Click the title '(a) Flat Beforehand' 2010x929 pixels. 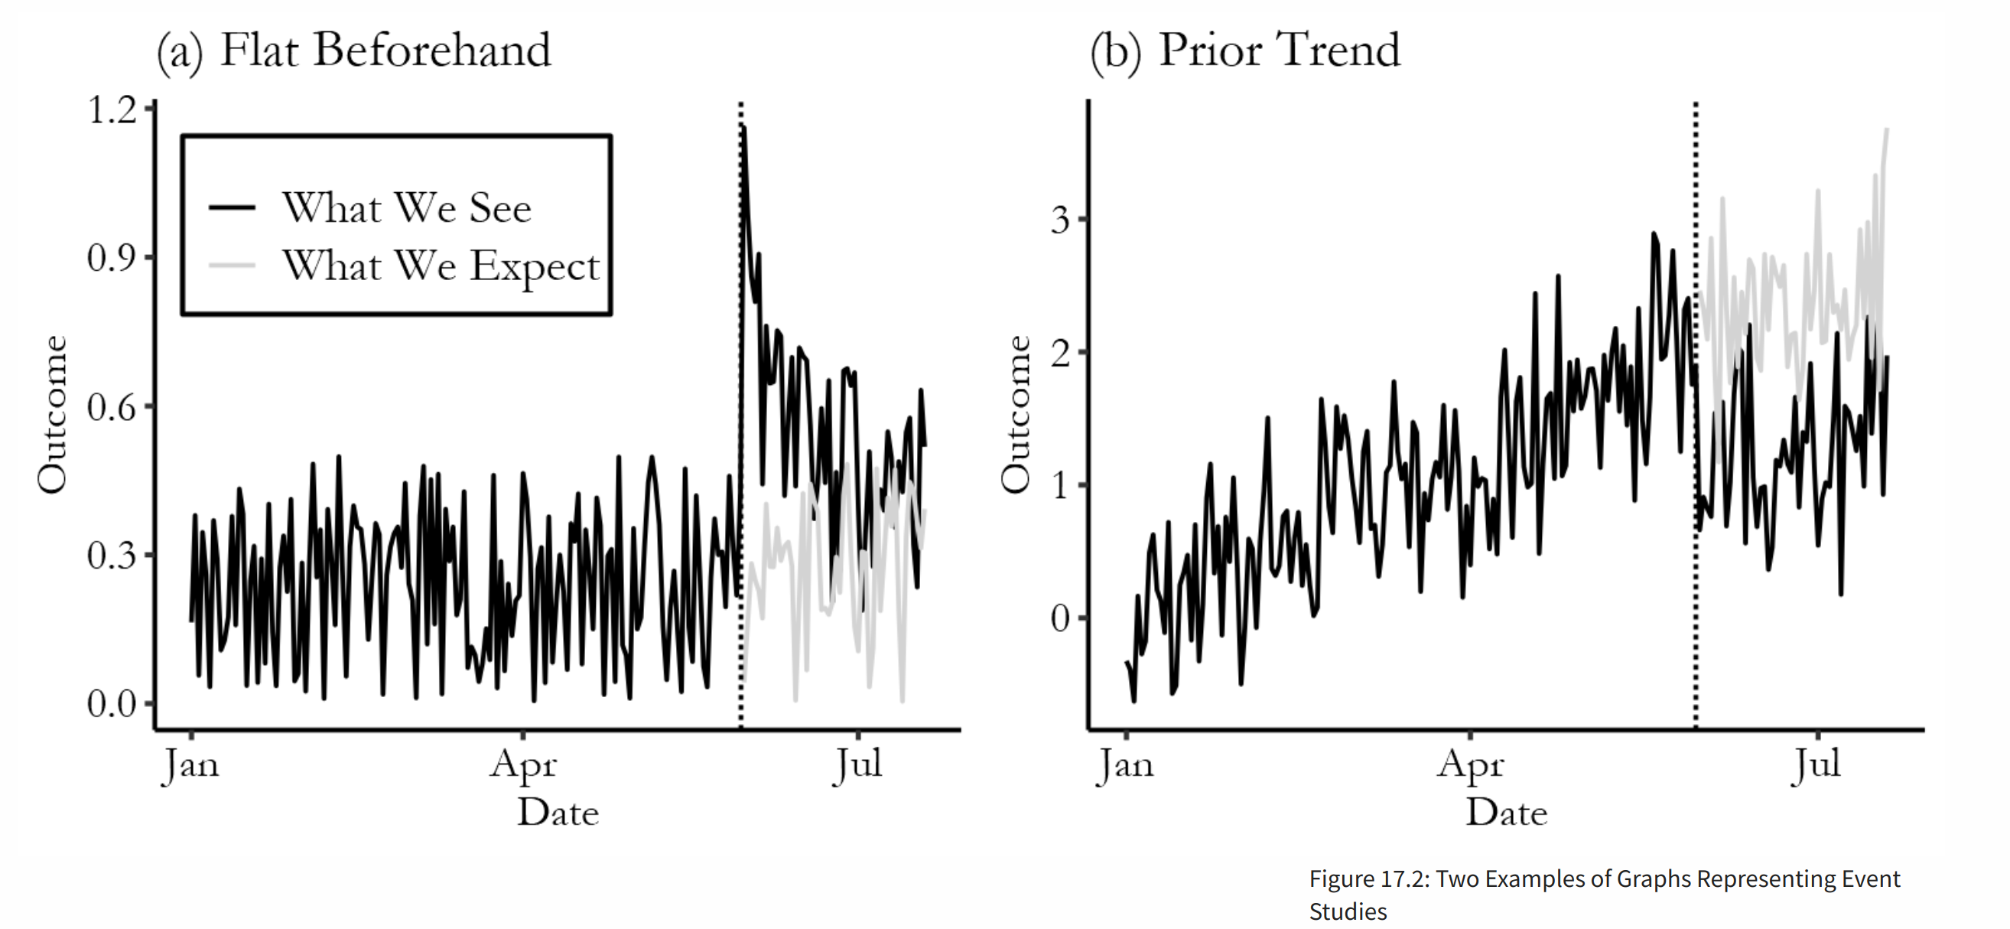click(x=353, y=51)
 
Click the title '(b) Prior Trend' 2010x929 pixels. click(x=1244, y=51)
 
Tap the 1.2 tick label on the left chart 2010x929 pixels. click(x=112, y=109)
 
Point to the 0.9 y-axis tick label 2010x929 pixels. click(x=112, y=258)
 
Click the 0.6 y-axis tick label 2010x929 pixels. click(x=112, y=407)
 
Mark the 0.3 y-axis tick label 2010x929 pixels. click(x=112, y=555)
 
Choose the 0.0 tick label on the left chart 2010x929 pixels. click(x=112, y=703)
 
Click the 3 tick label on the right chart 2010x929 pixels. click(x=1059, y=220)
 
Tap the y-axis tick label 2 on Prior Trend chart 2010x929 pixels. click(x=1059, y=353)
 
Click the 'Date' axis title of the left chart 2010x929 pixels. click(x=558, y=813)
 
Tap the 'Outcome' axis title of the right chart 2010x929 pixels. click(x=1015, y=414)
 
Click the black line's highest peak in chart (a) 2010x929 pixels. click(x=744, y=128)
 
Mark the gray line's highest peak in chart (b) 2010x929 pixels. click(x=1887, y=129)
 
